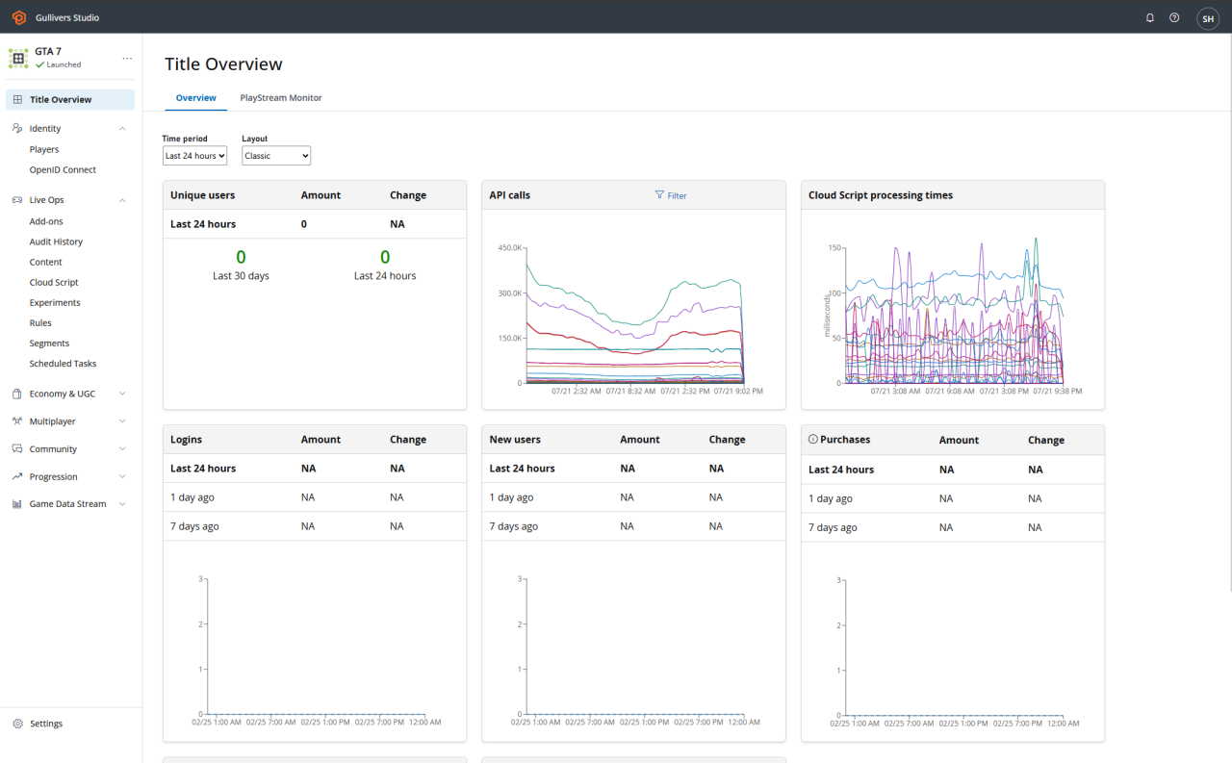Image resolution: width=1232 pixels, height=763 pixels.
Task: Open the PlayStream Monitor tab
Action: coord(280,98)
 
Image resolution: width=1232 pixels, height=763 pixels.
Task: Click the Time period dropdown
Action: coord(194,156)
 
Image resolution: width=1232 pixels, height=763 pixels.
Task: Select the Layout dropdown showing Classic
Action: coord(275,156)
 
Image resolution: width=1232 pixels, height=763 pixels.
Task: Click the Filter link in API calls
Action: coord(671,195)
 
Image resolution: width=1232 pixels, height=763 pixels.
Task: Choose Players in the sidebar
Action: coord(44,149)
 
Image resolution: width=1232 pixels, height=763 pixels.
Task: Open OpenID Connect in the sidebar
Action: coord(63,169)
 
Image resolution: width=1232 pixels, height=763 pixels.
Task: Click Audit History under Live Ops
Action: coord(56,242)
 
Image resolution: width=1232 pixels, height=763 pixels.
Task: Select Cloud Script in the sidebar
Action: coord(54,282)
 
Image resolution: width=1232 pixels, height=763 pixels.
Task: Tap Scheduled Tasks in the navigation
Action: coord(63,364)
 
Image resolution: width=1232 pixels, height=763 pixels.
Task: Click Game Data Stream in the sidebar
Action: coord(67,504)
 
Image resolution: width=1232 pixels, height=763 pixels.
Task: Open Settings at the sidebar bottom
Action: coord(45,724)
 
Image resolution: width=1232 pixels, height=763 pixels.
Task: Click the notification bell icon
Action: coord(1149,17)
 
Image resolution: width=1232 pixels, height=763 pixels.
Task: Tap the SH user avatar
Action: coord(1207,18)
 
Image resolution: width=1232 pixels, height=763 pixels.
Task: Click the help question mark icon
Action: coord(1174,17)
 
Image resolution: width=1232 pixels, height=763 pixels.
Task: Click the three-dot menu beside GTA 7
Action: coord(127,59)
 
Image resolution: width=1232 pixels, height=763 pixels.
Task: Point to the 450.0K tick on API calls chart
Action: coord(509,248)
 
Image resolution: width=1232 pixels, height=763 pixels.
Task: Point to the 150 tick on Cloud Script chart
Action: coord(834,248)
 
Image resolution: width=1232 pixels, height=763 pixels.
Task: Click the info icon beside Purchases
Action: coord(813,440)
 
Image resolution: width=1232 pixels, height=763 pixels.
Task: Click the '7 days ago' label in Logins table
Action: coord(194,526)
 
